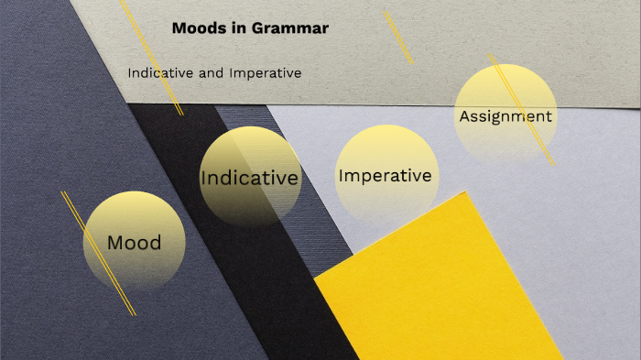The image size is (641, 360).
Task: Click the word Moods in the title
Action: (195, 28)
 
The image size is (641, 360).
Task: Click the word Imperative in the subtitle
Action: (265, 72)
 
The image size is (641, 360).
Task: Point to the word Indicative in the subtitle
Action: (160, 72)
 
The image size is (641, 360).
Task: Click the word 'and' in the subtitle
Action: (211, 72)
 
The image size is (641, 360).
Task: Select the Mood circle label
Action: (134, 243)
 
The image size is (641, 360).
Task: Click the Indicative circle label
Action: (249, 178)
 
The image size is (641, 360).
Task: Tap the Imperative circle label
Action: (385, 175)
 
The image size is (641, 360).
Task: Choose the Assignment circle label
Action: (505, 116)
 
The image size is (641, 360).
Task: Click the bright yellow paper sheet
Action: (440, 293)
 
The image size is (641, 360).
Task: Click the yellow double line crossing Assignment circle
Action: (523, 111)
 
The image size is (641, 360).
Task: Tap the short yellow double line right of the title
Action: (398, 37)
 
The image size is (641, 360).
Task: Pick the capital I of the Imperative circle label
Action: (341, 175)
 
